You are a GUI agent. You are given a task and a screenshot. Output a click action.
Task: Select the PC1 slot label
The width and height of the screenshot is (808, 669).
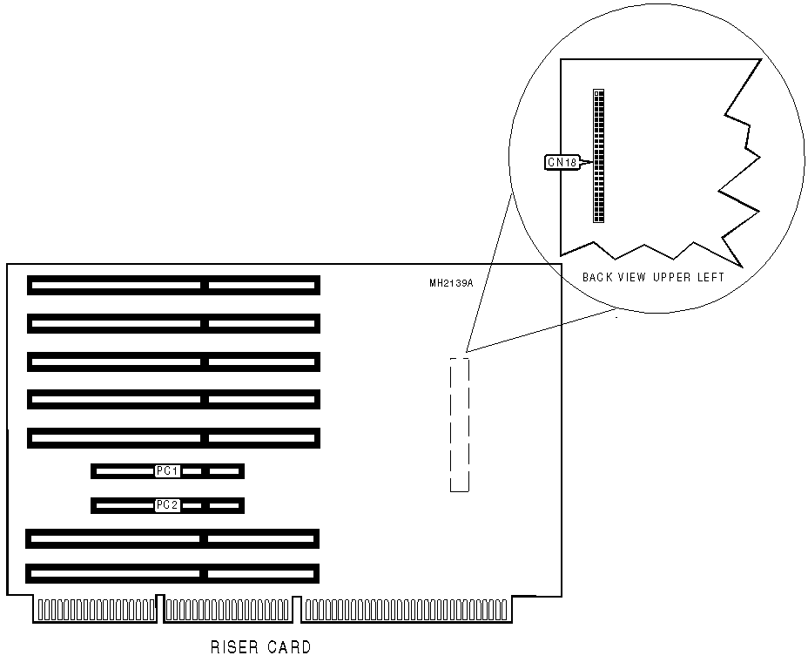167,471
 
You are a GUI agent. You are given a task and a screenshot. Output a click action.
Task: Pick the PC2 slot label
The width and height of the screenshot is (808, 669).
167,504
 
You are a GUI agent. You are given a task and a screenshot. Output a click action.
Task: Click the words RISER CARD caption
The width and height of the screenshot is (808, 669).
260,647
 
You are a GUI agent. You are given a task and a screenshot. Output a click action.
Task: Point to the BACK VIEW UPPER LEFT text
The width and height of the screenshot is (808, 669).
653,277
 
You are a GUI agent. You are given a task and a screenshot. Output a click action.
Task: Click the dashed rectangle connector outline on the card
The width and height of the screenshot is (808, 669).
459,424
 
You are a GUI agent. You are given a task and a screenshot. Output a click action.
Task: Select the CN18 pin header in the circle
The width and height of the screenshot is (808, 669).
598,155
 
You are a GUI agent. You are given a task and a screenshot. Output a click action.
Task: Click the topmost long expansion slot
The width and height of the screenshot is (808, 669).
173,285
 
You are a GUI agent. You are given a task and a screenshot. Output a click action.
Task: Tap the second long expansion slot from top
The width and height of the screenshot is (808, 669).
173,323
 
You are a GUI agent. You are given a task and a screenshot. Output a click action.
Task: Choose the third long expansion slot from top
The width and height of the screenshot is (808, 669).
173,361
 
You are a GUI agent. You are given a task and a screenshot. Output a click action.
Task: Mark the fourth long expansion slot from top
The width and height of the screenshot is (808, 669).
173,399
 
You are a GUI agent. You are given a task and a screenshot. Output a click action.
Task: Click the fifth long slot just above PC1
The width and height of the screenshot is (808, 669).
173,437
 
